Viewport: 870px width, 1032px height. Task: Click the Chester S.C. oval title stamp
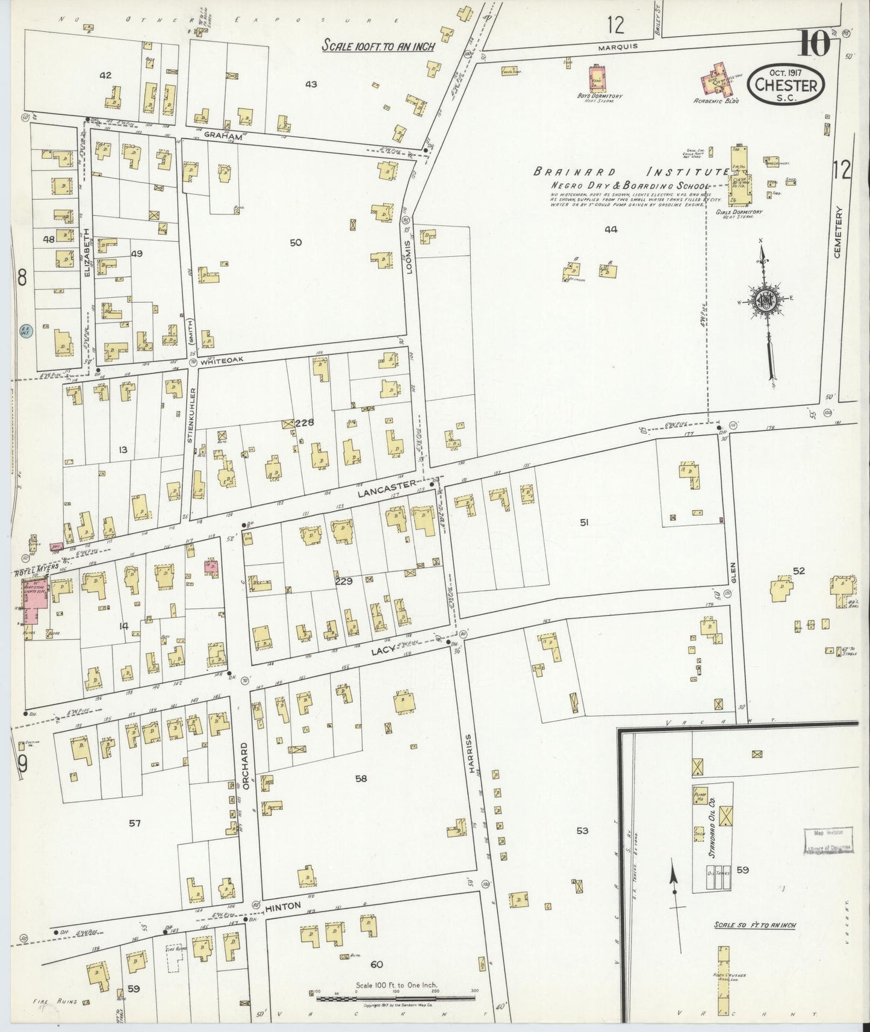click(786, 86)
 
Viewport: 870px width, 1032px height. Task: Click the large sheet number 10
click(815, 43)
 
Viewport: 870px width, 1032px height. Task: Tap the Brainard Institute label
click(632, 172)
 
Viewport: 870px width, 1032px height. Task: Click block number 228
click(304, 423)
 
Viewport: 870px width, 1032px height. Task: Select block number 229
click(344, 581)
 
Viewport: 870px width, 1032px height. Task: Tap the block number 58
click(361, 779)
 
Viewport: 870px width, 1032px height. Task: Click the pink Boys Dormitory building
click(598, 79)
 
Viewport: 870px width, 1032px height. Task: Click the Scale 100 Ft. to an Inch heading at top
click(378, 46)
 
